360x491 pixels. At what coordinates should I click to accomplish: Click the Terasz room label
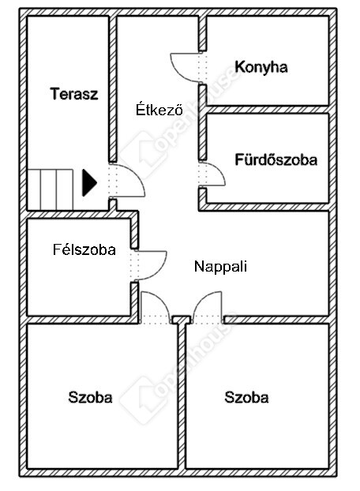[74, 94]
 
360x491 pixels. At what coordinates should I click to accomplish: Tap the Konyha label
[261, 66]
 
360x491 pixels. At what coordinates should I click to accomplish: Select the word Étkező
[159, 109]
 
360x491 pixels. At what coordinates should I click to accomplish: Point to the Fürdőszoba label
[276, 159]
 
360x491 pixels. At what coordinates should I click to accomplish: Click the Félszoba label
[84, 249]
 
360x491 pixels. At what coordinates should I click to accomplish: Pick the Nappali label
[221, 267]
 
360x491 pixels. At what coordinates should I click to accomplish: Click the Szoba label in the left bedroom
[90, 397]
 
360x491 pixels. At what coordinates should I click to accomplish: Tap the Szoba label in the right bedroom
[246, 397]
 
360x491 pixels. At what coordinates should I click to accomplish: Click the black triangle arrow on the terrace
[89, 182]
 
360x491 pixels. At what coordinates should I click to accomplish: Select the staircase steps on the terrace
[50, 189]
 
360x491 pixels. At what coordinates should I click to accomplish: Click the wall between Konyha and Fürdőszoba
[268, 109]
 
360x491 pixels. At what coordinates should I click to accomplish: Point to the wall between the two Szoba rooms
[182, 396]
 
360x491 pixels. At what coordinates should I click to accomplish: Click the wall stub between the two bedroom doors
[182, 320]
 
